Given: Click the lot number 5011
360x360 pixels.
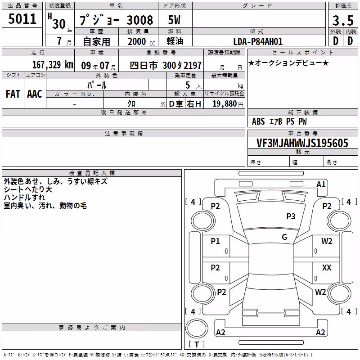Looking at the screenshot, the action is (22, 18).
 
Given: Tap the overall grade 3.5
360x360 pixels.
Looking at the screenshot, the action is (343, 20).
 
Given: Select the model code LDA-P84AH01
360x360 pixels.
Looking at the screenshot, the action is (258, 41).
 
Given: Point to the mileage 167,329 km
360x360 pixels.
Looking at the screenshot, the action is (53, 64).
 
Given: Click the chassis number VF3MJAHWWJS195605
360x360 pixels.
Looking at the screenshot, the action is (302, 143).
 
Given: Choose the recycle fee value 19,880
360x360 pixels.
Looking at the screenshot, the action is (224, 103).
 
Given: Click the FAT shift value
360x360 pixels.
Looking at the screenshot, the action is (13, 94).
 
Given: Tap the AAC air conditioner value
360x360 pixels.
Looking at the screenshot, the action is (35, 94).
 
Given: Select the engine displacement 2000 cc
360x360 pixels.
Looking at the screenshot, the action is (141, 41).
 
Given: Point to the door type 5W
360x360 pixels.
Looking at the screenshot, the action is (174, 20).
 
